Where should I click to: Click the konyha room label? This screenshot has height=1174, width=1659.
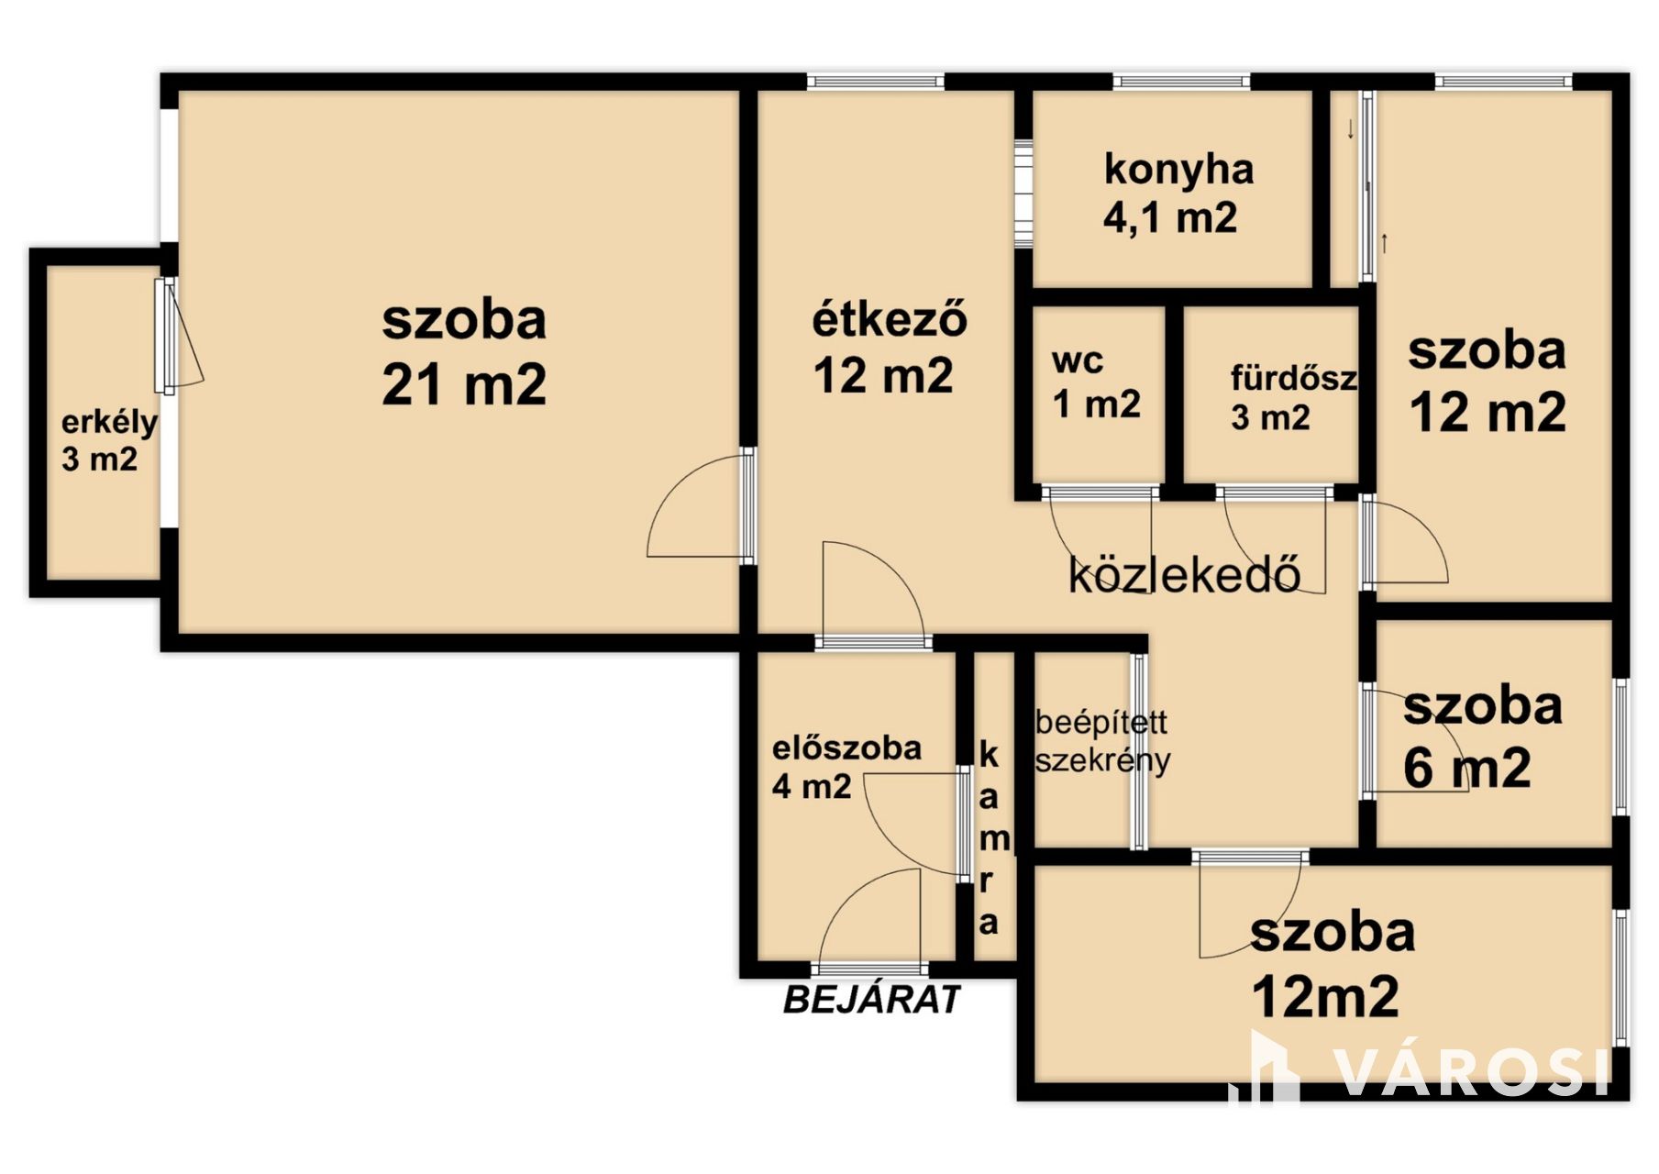pos(1178,172)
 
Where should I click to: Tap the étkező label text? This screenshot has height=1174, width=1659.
pos(890,320)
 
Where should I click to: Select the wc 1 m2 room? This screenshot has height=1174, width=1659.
pos(1096,383)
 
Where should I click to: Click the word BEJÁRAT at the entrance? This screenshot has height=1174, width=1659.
pos(870,999)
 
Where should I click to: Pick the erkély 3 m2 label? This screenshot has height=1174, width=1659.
pos(108,440)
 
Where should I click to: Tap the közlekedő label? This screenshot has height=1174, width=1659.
pos(1184,576)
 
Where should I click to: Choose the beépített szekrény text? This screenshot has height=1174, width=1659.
pos(1101,741)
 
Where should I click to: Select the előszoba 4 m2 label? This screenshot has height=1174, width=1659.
pos(846,767)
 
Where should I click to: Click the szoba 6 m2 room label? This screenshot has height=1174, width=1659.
pos(1481,737)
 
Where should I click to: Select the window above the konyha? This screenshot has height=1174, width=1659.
pos(1182,82)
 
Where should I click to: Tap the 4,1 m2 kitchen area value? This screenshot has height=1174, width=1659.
pos(1170,218)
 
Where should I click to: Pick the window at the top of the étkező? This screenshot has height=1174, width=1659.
pos(876,82)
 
